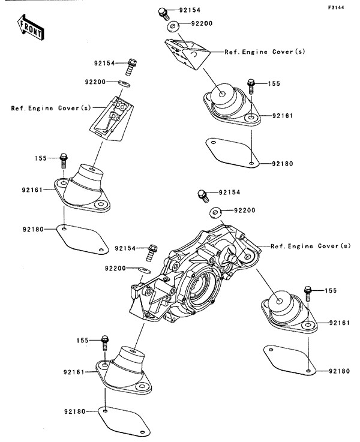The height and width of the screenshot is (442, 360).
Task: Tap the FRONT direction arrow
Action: (x=30, y=28)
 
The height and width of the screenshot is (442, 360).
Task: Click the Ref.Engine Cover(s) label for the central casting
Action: (x=310, y=246)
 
